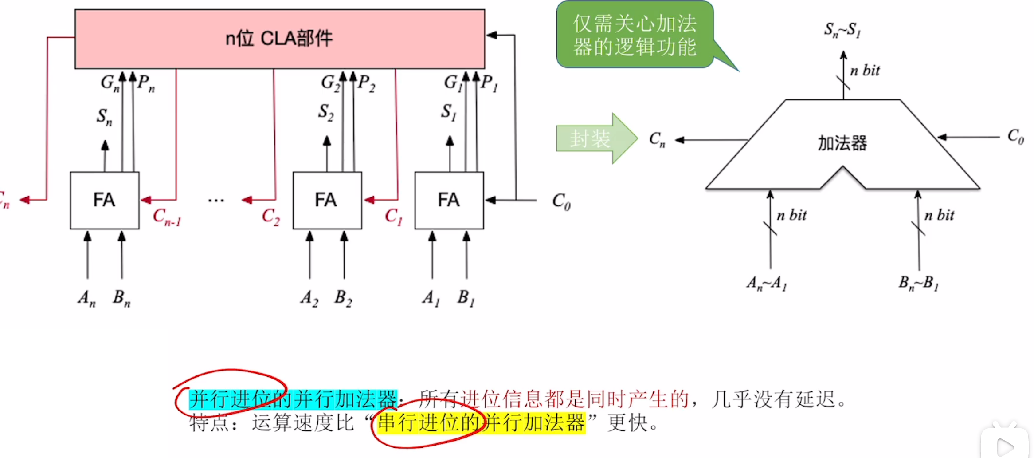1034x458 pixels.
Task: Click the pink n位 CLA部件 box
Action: [279, 39]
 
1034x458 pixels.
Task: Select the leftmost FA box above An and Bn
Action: [105, 200]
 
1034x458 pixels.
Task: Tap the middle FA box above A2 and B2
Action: [327, 200]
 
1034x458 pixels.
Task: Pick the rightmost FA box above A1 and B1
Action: [449, 200]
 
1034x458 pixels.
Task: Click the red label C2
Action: [270, 217]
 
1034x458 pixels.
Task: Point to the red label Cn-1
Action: [167, 217]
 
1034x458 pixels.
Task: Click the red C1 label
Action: [393, 217]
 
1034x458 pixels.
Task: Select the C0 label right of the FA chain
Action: [561, 201]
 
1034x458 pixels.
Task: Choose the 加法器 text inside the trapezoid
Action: [842, 143]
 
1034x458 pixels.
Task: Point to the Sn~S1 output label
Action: [842, 30]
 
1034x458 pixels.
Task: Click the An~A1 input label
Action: [767, 283]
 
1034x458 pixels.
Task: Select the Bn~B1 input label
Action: [918, 283]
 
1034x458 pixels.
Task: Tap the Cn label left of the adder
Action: [657, 139]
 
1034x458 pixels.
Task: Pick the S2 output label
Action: [325, 112]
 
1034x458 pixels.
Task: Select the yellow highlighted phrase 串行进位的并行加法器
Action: [481, 422]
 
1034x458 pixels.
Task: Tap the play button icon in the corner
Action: [1005, 446]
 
